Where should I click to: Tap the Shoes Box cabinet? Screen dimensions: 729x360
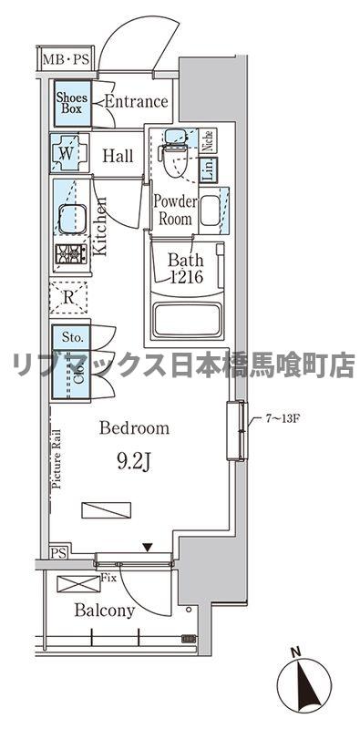(70, 102)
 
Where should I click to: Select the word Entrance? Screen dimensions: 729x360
(136, 102)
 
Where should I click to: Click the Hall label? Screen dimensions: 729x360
(118, 156)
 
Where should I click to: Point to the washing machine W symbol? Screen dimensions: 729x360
(67, 153)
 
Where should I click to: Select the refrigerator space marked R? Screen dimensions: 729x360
(69, 296)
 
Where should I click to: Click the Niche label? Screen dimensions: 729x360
(208, 141)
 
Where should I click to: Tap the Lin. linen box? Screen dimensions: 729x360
(208, 168)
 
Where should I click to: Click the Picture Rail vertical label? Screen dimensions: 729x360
(57, 460)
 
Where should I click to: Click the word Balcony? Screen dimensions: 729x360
(105, 611)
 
